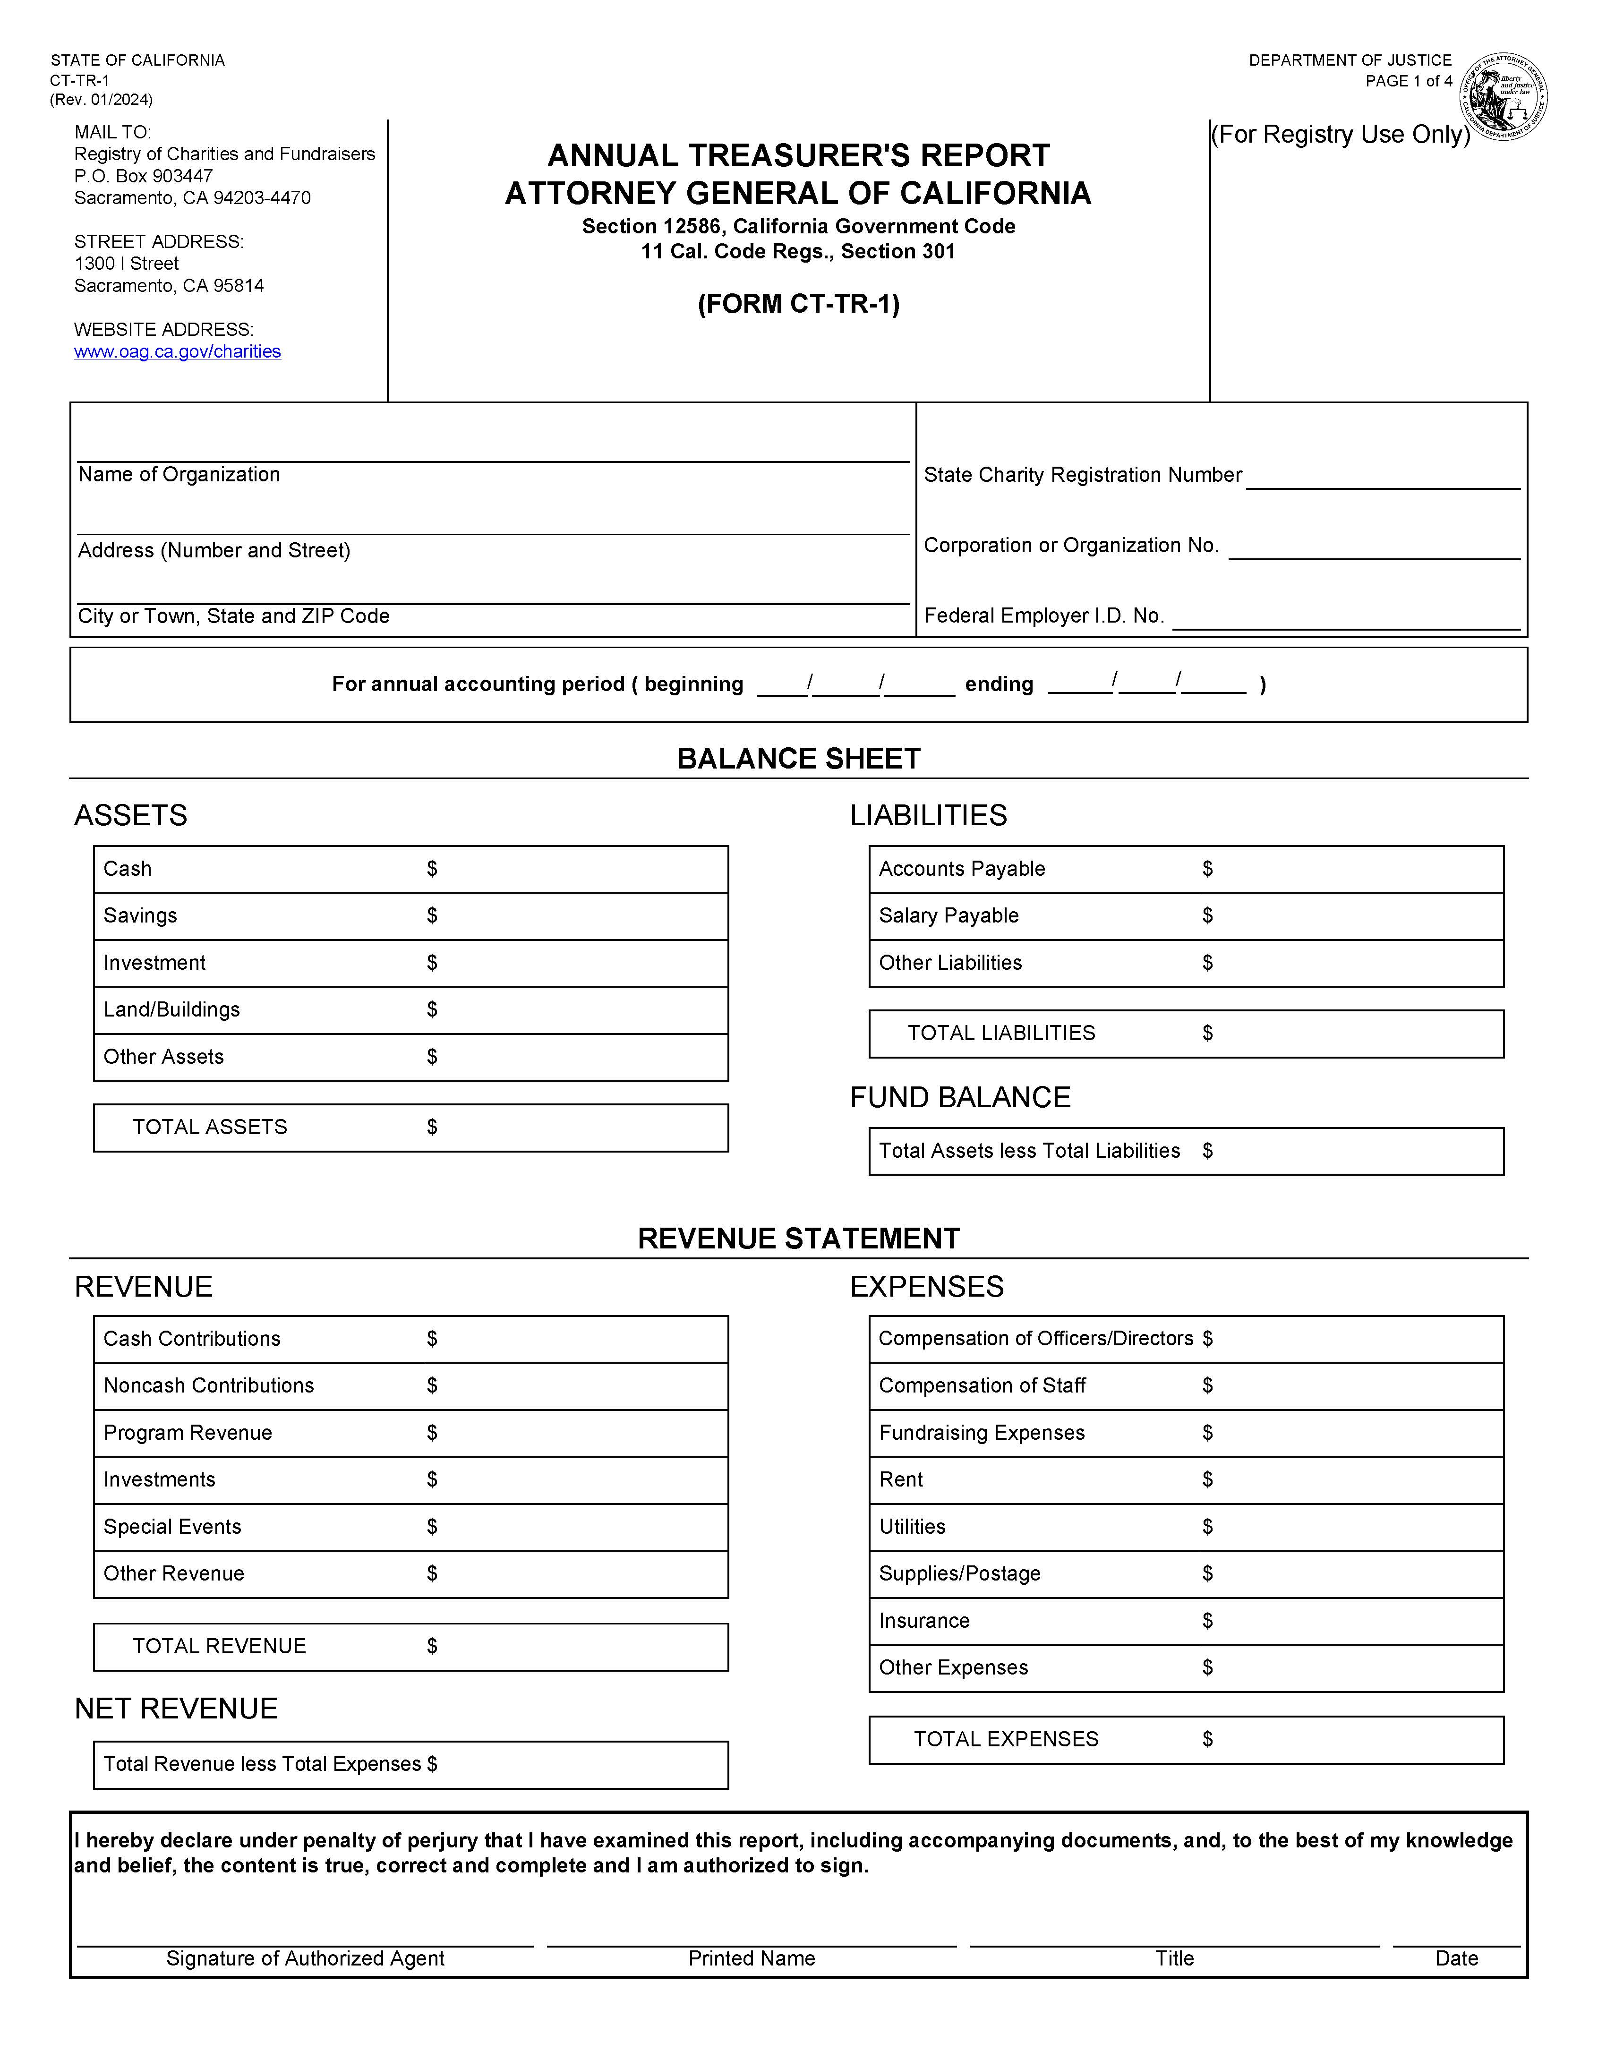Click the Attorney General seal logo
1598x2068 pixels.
click(1504, 96)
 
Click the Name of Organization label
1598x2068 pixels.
click(179, 474)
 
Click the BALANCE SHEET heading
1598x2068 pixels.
click(798, 759)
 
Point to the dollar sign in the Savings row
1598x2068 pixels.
click(432, 915)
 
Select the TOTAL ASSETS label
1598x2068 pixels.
click(209, 1127)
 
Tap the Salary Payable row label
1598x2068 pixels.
click(949, 915)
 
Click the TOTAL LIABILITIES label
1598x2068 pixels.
click(1000, 1033)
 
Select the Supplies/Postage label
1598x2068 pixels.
click(959, 1574)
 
